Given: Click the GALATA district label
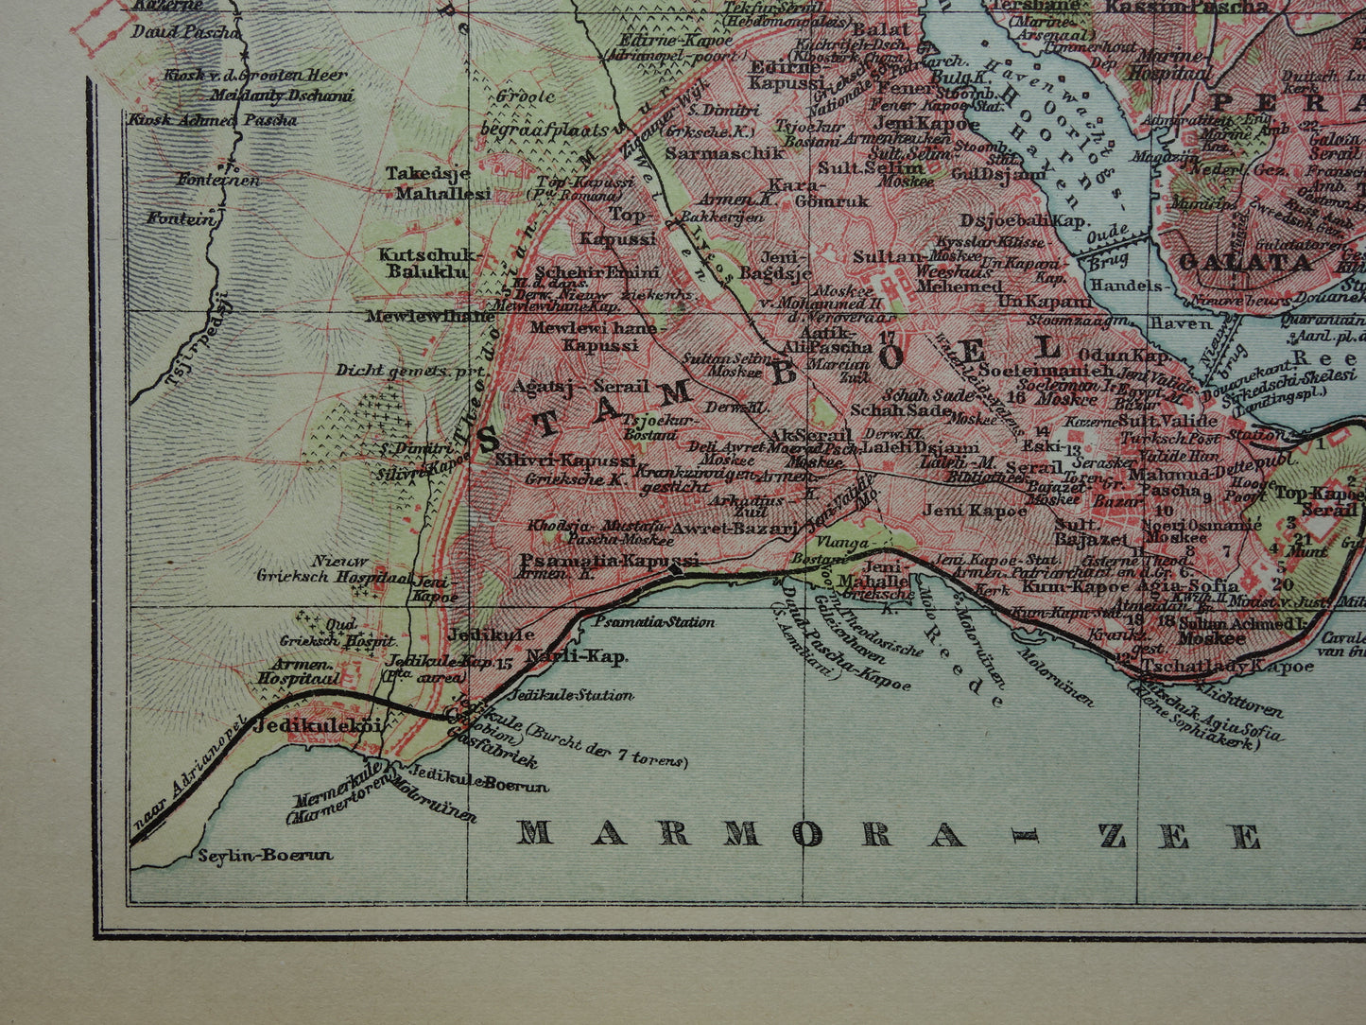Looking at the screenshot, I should click(x=1245, y=262).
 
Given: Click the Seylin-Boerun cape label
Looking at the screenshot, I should click(x=266, y=855).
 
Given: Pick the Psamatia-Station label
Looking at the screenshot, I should click(x=654, y=622).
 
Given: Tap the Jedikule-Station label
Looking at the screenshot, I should click(x=570, y=695).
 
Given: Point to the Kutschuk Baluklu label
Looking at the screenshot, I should click(x=429, y=265).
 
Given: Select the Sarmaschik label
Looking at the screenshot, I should click(x=712, y=152).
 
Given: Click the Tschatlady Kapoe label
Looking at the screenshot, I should click(x=1228, y=666).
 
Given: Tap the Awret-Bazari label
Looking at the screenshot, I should click(x=735, y=528).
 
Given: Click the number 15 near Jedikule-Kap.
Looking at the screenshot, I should click(x=504, y=663).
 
